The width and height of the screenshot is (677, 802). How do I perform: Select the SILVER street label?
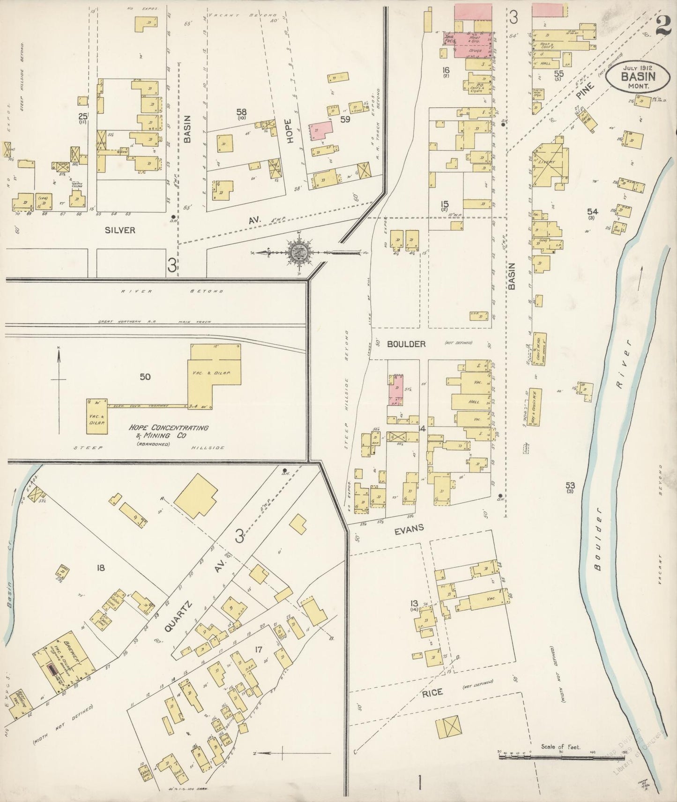[120, 230]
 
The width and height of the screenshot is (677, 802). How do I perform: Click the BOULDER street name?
[406, 344]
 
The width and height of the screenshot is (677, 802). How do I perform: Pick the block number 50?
[145, 376]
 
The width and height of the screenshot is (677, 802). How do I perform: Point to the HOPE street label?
[290, 131]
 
